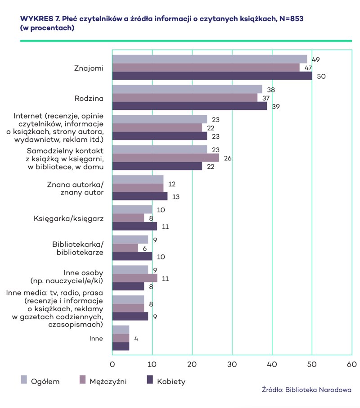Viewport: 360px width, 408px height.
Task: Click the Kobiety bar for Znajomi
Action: click(x=212, y=76)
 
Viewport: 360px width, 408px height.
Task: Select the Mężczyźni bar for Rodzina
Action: click(x=184, y=98)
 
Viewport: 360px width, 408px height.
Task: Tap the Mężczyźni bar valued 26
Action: click(x=165, y=158)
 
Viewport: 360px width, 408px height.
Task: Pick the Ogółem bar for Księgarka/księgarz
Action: click(x=132, y=209)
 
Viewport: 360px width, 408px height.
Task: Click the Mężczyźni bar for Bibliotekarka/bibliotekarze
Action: click(x=125, y=248)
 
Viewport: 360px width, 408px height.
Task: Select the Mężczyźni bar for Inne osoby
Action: click(x=135, y=278)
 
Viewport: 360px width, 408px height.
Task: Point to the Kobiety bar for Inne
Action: click(x=121, y=346)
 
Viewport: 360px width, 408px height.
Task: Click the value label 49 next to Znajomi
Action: click(x=315, y=59)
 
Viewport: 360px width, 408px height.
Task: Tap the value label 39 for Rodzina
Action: click(x=276, y=106)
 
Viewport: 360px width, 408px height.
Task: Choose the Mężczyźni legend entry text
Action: click(x=108, y=381)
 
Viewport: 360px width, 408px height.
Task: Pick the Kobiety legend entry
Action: click(x=171, y=381)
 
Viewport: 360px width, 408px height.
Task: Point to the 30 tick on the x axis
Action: click(x=232, y=364)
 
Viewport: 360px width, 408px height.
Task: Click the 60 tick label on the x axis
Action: click(x=351, y=364)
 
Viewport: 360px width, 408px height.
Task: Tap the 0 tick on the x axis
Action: click(x=112, y=364)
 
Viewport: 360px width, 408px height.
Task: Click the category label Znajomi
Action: click(x=89, y=68)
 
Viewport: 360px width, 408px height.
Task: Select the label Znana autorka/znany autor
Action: click(x=76, y=188)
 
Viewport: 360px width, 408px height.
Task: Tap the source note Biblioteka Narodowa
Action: click(x=306, y=390)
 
